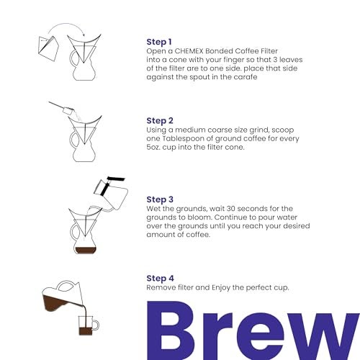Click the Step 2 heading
pyautogui.click(x=161, y=120)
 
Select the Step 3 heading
pyautogui.click(x=161, y=199)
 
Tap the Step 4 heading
pyautogui.click(x=161, y=278)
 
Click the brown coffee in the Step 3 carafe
pyautogui.click(x=85, y=249)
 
